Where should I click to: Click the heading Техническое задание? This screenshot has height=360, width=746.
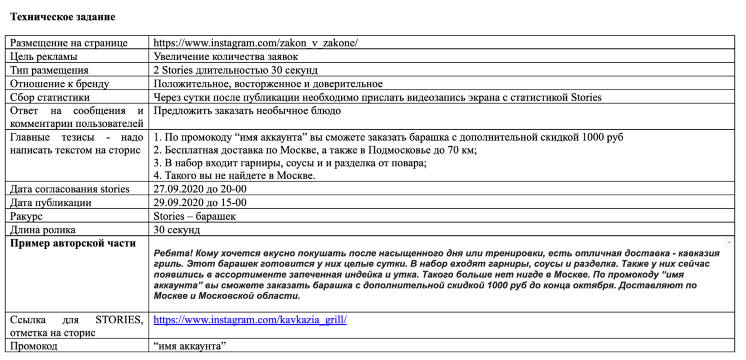point(62,17)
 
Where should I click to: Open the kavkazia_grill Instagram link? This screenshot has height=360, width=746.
point(250,320)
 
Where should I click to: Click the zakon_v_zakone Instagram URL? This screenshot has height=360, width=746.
point(256,43)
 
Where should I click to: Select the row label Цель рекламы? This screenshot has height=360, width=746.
point(44,56)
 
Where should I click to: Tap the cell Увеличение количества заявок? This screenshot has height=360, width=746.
point(225,56)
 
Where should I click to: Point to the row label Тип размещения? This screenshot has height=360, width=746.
point(50,70)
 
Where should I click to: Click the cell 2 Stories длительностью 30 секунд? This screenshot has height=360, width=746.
point(235,70)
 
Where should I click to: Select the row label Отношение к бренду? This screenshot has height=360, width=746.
point(60,83)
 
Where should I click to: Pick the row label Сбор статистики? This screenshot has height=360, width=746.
point(50,97)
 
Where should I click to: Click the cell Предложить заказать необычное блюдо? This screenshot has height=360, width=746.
point(247,110)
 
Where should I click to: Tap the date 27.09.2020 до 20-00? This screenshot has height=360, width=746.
point(200,189)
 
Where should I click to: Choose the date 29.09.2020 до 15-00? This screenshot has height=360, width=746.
point(200,203)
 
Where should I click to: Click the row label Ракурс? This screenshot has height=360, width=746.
point(26,216)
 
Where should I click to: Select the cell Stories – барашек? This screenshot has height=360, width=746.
point(194,216)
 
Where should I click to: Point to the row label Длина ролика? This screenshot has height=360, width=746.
point(43,229)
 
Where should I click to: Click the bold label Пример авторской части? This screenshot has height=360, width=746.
point(73,243)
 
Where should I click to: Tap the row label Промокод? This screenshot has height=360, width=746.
point(34,346)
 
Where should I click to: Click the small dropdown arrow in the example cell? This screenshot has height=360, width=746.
point(728,243)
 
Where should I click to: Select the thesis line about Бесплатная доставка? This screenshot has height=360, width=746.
point(315,150)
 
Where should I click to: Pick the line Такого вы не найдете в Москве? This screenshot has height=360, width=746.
point(234,175)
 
